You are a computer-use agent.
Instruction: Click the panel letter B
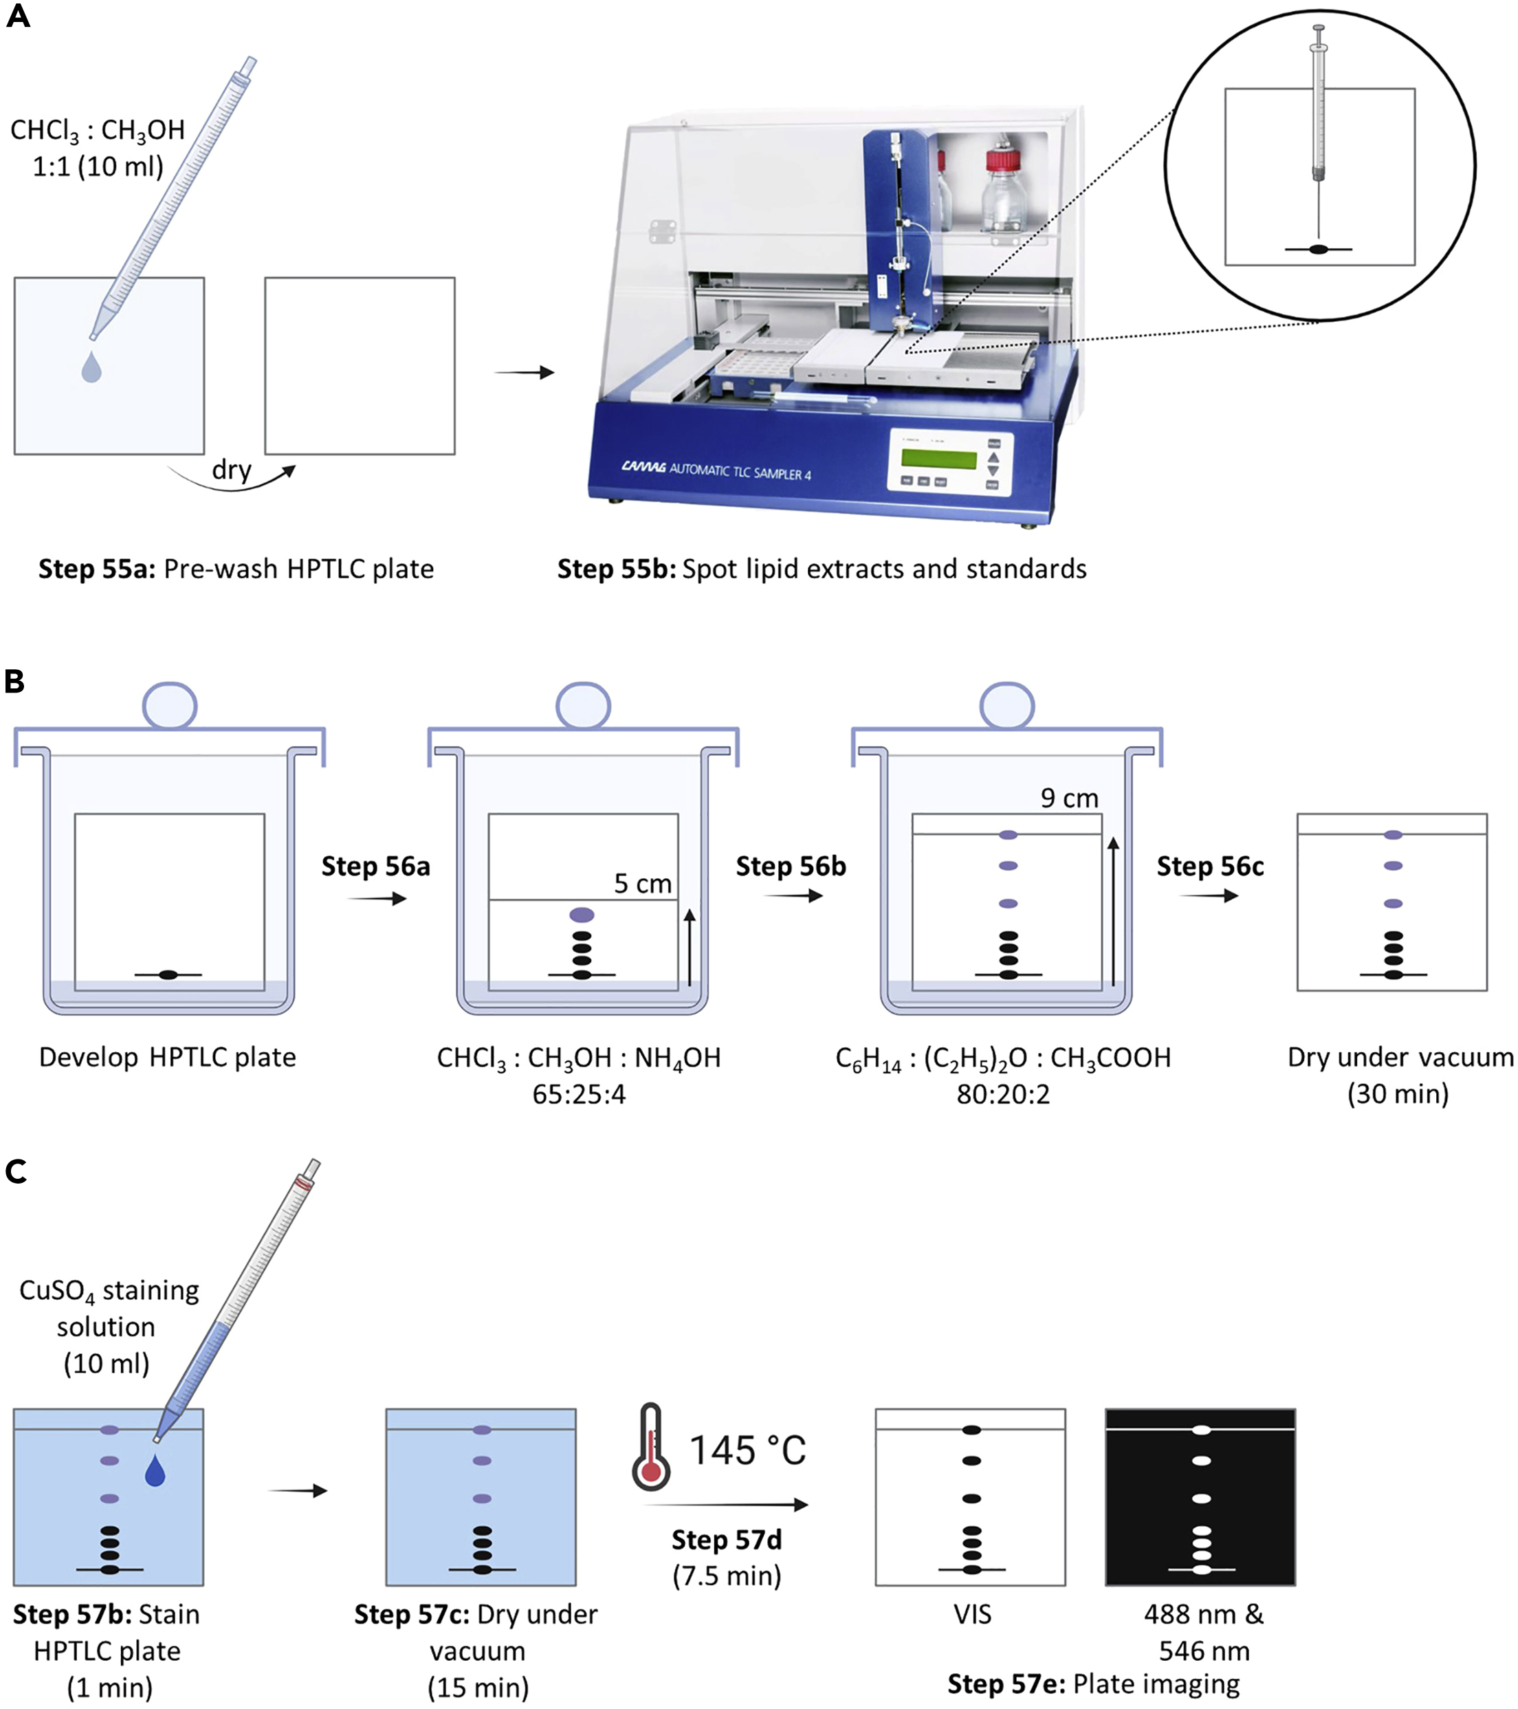click(x=14, y=682)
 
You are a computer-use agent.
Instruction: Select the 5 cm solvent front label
click(x=642, y=884)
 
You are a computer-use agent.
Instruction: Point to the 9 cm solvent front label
click(x=1068, y=798)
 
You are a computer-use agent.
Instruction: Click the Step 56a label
click(x=375, y=867)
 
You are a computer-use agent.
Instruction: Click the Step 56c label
click(x=1209, y=867)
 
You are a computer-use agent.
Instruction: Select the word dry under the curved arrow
click(x=232, y=470)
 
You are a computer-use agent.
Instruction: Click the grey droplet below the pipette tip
click(x=91, y=367)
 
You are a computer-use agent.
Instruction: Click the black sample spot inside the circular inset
click(x=1318, y=249)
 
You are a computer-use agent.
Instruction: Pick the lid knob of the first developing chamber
click(x=170, y=706)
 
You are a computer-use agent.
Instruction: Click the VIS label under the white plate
click(x=972, y=1613)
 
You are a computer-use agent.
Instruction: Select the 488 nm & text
click(x=1203, y=1613)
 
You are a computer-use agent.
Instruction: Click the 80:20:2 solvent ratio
click(x=1002, y=1094)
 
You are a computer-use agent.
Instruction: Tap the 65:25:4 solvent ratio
click(x=578, y=1094)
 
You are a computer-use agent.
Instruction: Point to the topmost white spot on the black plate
click(x=1200, y=1430)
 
